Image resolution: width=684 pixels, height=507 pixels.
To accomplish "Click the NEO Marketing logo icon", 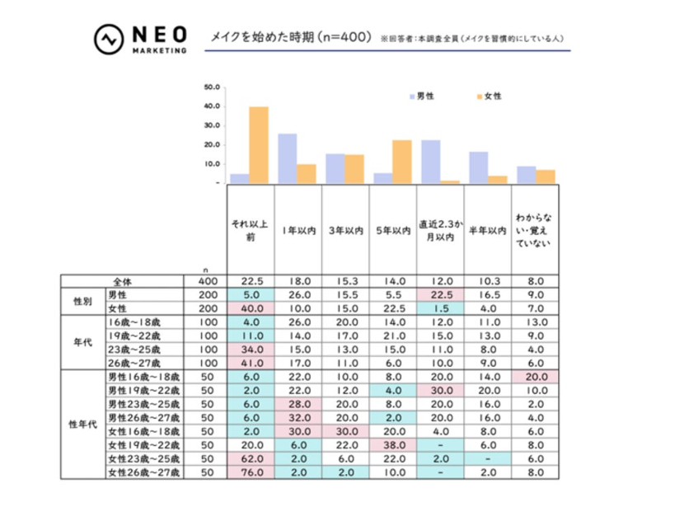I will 108,40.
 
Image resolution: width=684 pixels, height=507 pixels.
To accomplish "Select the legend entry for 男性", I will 421,96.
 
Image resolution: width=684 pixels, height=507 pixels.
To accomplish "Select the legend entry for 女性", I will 489,96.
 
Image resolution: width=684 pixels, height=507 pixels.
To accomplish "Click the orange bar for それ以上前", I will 259,144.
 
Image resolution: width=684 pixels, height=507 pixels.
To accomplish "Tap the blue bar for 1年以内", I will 288,157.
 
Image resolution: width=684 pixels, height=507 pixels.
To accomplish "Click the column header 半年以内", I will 487,232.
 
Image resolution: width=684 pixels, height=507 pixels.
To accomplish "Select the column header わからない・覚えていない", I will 533,232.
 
